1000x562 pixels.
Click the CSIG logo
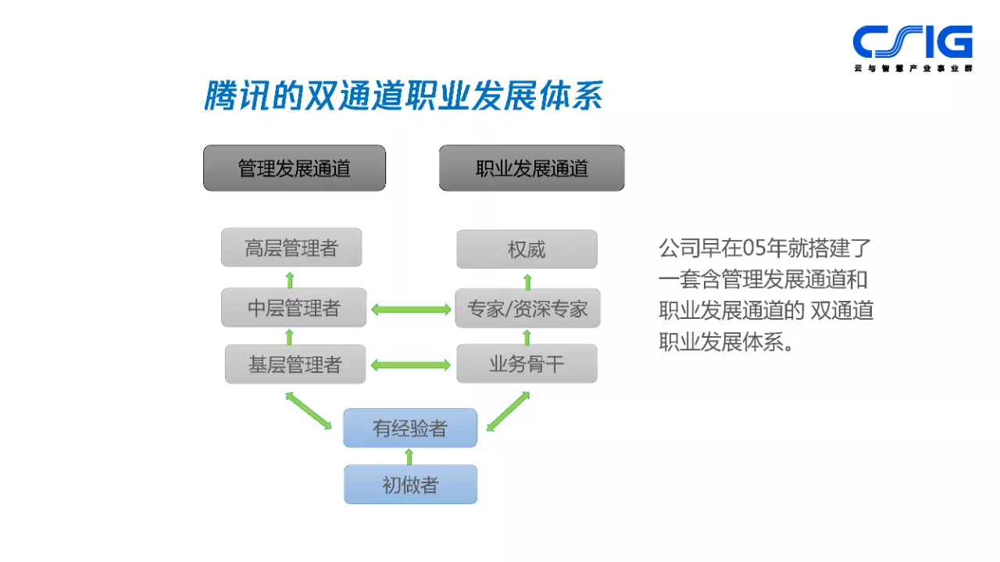[x=912, y=47]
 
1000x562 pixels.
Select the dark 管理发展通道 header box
[x=295, y=168]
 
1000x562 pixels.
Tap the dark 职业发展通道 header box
[x=531, y=168]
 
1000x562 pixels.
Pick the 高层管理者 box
[x=291, y=249]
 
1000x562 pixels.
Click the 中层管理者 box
[x=294, y=308]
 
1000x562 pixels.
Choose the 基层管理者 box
[x=295, y=364]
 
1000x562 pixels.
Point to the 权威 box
[x=527, y=249]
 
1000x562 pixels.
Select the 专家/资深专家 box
[x=527, y=308]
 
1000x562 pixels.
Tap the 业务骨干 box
[x=527, y=363]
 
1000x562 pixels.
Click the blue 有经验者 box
[x=410, y=428]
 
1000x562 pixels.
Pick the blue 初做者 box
[x=410, y=485]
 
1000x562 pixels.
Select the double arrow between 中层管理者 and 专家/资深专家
[x=411, y=310]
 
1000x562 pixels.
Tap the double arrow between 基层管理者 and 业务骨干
[x=411, y=364]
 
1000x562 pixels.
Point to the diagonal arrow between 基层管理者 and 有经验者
[x=309, y=410]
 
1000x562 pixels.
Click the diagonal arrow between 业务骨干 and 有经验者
[x=508, y=411]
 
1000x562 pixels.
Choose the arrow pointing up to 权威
[x=527, y=280]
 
